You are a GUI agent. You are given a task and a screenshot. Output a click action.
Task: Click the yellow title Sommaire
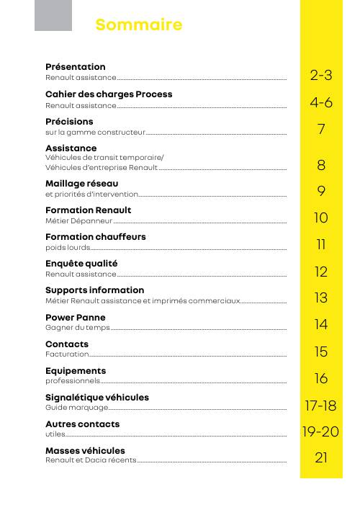click(139, 24)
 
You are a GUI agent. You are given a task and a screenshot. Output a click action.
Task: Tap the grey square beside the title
click(53, 15)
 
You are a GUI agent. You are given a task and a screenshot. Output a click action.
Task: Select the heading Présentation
click(76, 67)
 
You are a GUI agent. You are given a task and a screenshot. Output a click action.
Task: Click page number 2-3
click(321, 75)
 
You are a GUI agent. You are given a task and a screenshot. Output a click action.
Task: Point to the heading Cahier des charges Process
click(109, 94)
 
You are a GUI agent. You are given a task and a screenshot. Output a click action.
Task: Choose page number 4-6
click(321, 102)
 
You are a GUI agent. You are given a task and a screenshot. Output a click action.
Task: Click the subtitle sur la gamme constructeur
click(95, 133)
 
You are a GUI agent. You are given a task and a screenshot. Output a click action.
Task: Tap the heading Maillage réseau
click(82, 184)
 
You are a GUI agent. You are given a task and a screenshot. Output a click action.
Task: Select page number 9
click(321, 191)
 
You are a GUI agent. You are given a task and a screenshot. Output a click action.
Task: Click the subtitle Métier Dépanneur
click(79, 221)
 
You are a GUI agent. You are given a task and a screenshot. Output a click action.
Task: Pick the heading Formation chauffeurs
click(96, 237)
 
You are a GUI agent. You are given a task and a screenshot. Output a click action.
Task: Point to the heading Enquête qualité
click(81, 264)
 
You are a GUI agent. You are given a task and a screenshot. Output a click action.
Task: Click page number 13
click(321, 298)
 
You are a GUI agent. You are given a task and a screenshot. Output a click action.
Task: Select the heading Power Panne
click(76, 318)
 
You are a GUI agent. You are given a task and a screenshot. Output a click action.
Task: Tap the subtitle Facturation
click(67, 354)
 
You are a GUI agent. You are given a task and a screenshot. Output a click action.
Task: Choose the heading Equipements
click(76, 371)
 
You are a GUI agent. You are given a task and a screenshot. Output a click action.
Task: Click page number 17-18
click(320, 406)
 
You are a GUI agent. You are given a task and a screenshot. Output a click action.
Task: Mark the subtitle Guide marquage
click(77, 408)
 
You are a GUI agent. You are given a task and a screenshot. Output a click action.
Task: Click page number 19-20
click(320, 431)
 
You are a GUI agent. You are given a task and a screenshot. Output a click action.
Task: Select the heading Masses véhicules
click(85, 451)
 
